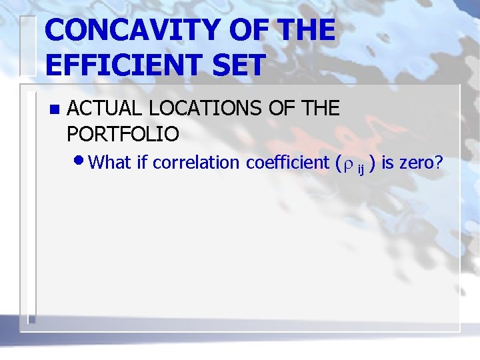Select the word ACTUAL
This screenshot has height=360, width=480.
click(101, 108)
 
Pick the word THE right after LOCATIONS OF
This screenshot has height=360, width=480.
click(318, 108)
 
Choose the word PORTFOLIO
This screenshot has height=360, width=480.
click(123, 133)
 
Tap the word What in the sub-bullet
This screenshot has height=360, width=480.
click(110, 161)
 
